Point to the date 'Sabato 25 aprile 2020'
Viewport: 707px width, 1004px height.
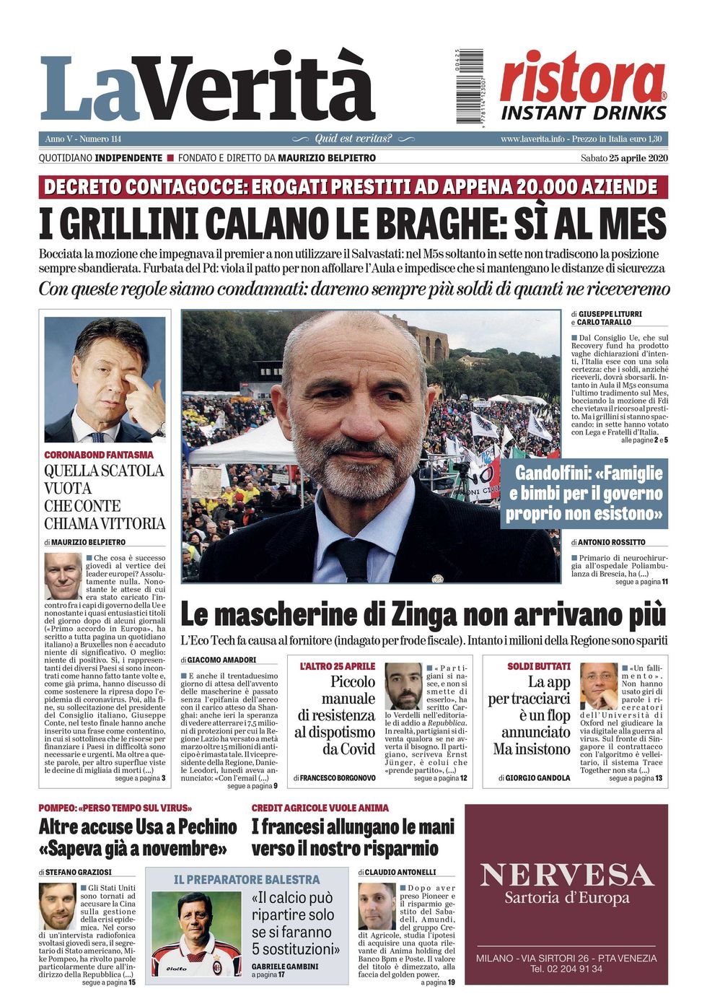(624, 158)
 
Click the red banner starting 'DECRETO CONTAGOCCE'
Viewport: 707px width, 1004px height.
(353, 187)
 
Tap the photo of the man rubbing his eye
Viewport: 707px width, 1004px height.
(105, 380)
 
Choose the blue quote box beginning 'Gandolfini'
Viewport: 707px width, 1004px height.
(584, 494)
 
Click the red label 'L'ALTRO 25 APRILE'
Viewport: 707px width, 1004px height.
(338, 666)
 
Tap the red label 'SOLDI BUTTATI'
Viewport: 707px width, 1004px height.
(538, 666)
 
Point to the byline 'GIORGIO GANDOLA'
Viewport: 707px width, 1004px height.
(537, 777)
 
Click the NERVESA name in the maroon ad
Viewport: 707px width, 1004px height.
(566, 875)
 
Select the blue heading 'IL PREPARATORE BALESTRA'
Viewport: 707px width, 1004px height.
(247, 879)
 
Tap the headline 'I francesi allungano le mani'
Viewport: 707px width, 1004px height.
(353, 826)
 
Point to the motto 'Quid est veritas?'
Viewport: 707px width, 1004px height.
(353, 139)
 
